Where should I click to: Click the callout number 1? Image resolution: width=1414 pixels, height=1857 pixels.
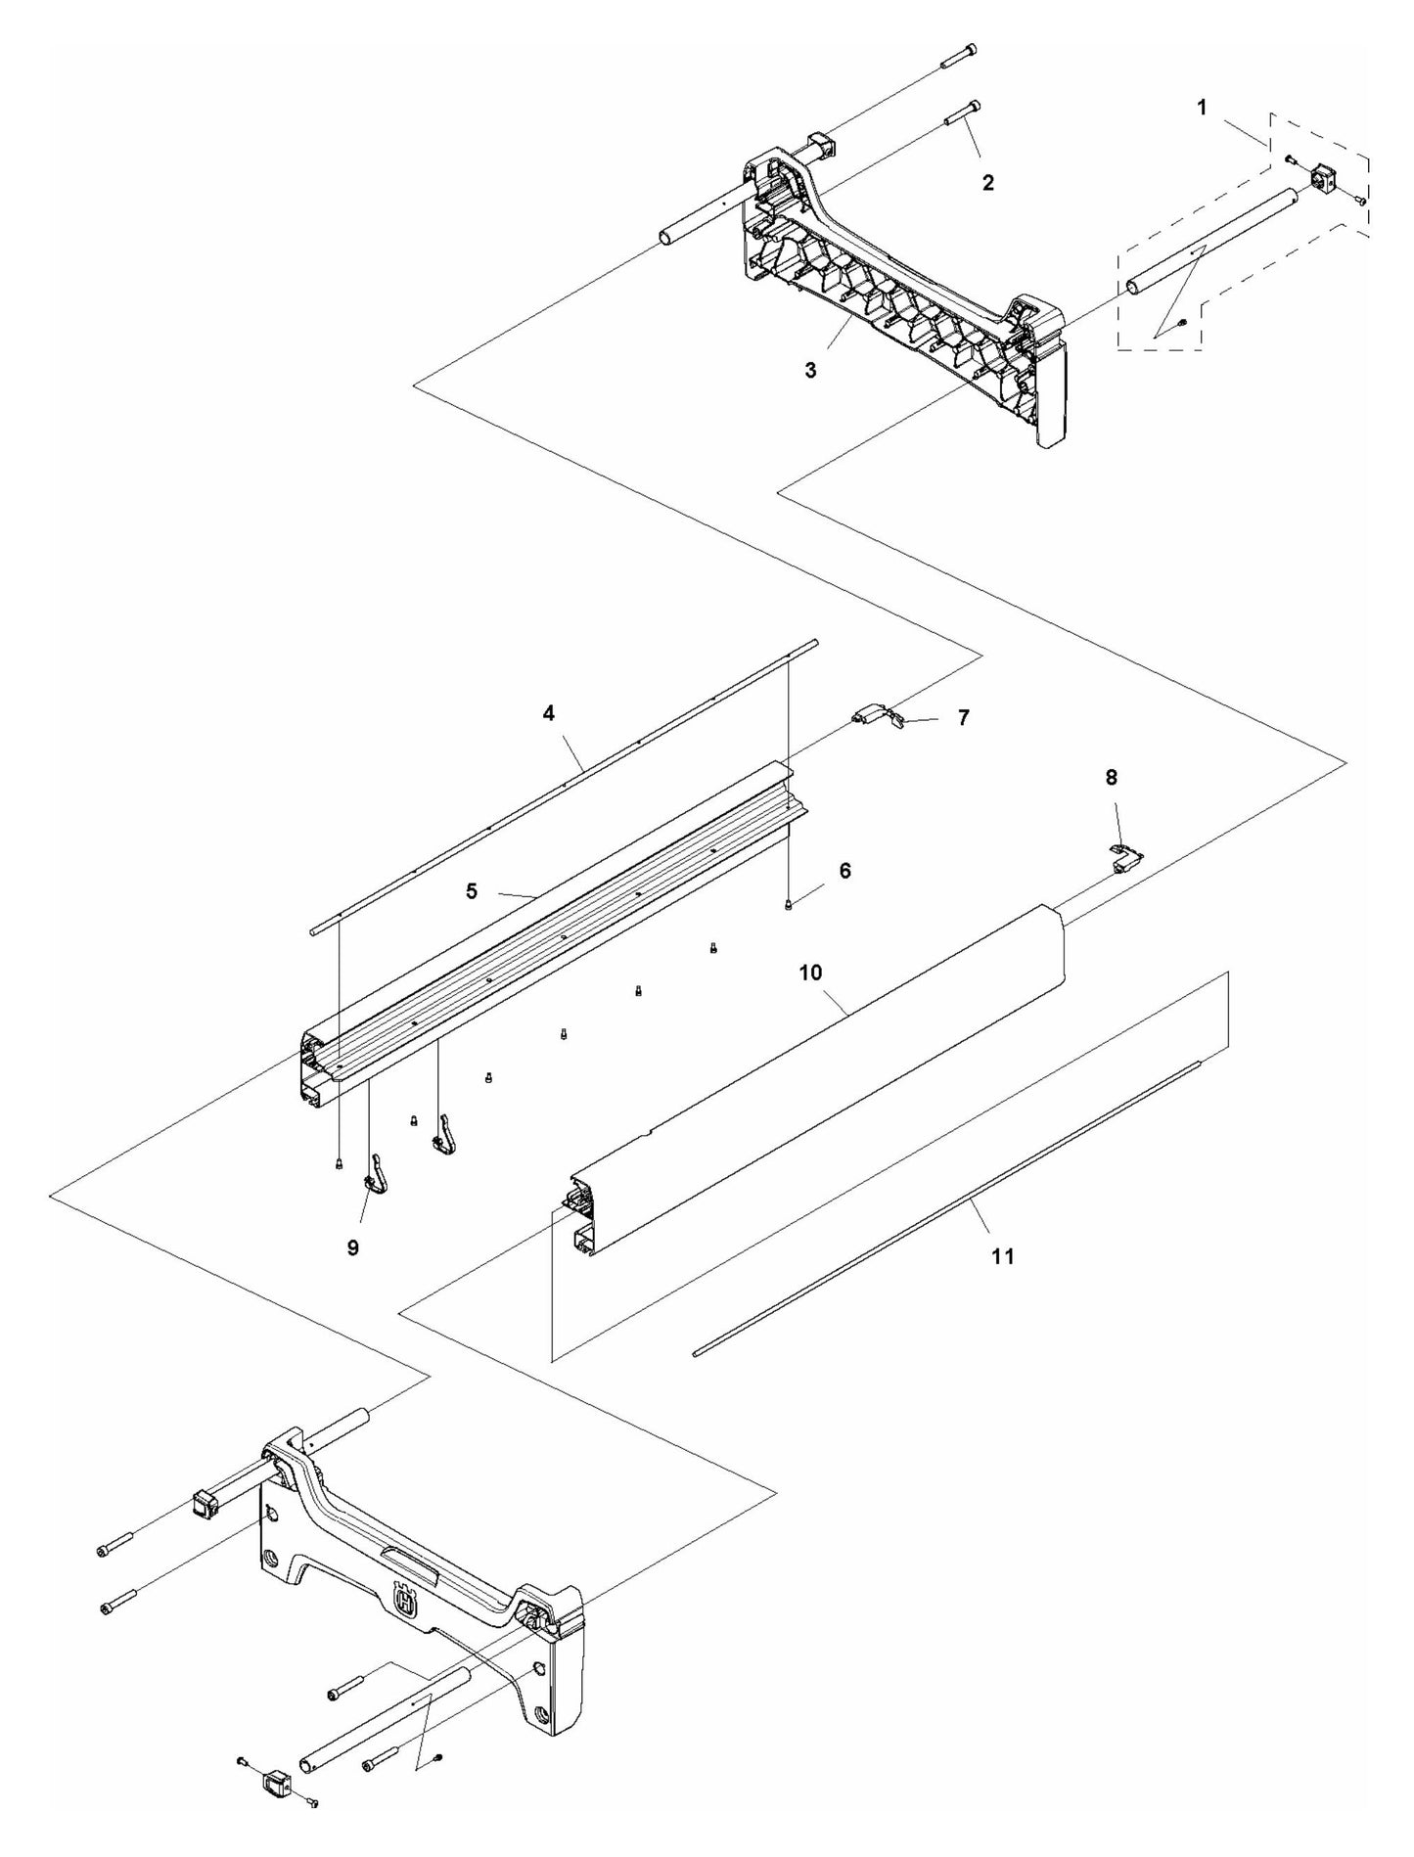pyautogui.click(x=1203, y=108)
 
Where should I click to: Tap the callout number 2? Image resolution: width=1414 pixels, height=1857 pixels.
pyautogui.click(x=988, y=182)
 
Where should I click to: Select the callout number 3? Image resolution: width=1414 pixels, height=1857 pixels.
pyautogui.click(x=810, y=370)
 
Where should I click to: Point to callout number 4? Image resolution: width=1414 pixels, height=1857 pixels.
pyautogui.click(x=549, y=713)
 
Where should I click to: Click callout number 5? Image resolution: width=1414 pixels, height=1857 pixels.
pyautogui.click(x=472, y=891)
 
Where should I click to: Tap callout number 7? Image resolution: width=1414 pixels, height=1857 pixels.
pyautogui.click(x=963, y=717)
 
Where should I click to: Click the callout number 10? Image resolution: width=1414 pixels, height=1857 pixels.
pyautogui.click(x=810, y=973)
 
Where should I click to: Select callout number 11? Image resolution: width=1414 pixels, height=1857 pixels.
pyautogui.click(x=1003, y=1256)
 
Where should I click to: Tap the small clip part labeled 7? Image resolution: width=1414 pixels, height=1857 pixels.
pyautogui.click(x=881, y=719)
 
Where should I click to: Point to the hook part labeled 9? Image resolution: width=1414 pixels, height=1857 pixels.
pyautogui.click(x=375, y=1174)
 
